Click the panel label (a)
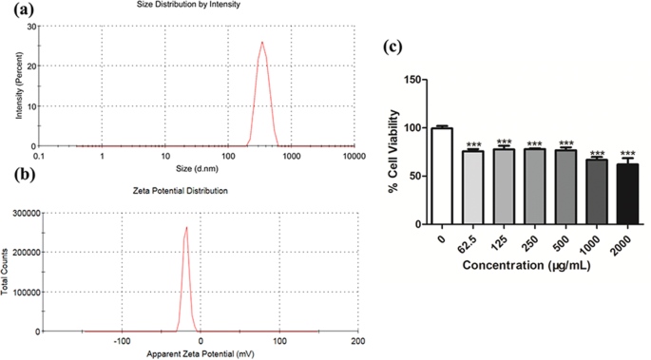(18, 10)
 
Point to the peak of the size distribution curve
(262, 42)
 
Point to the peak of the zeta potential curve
(186, 227)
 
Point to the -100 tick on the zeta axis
(122, 340)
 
